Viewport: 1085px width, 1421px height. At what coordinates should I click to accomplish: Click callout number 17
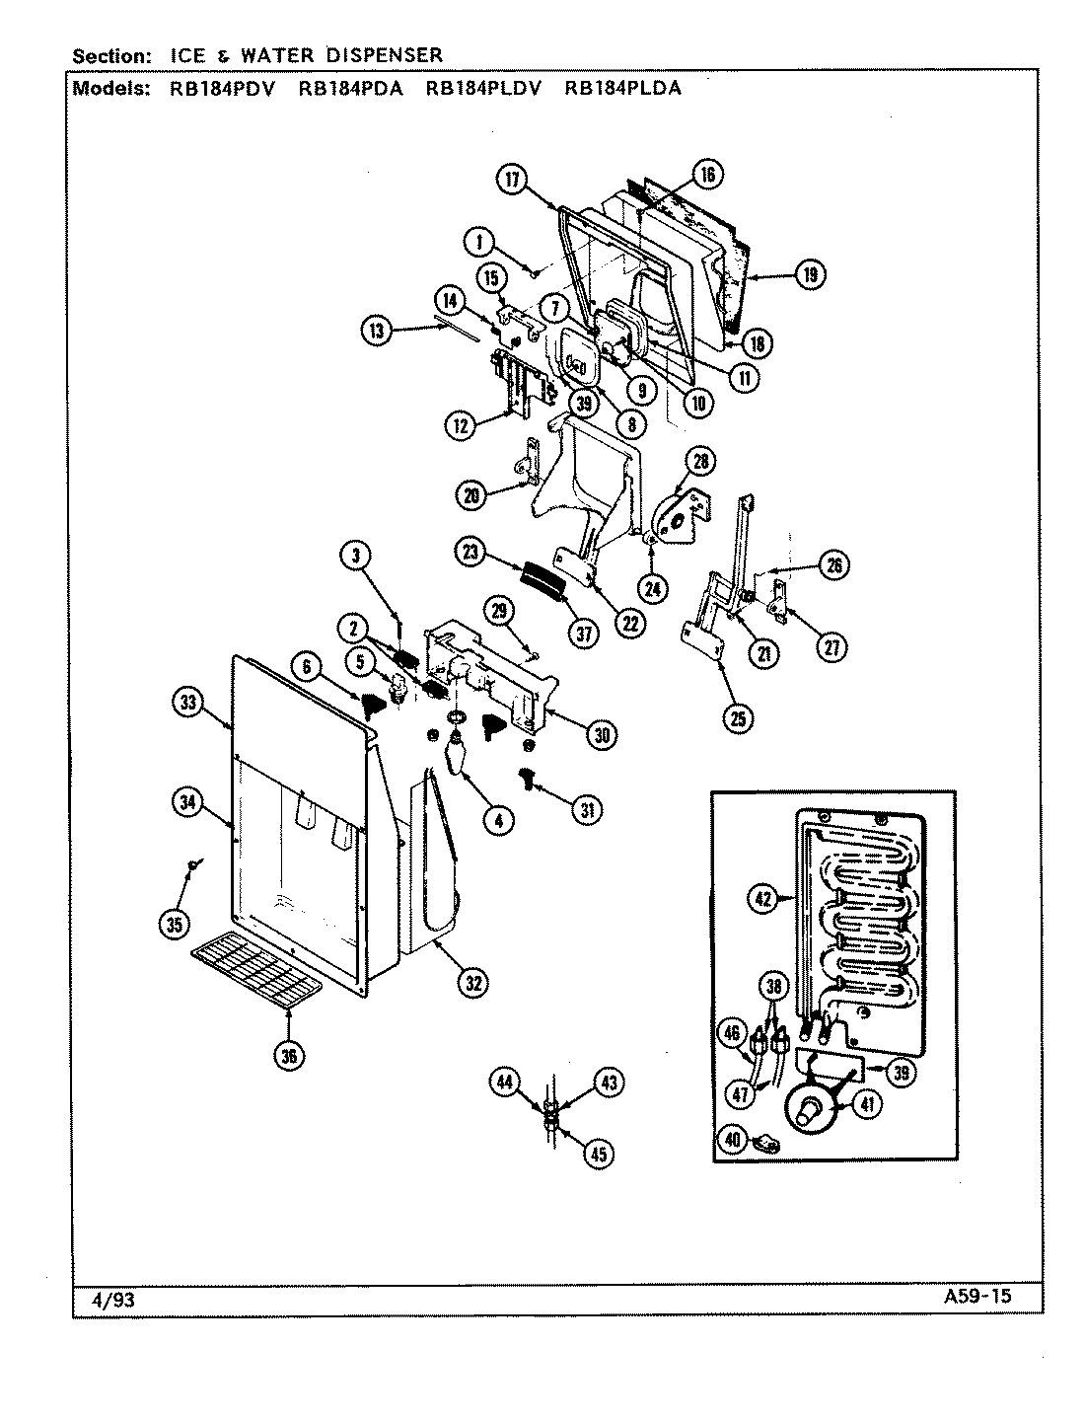512,179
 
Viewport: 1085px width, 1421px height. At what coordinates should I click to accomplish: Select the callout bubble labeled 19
809,274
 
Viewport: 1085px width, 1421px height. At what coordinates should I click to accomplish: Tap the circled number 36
289,1055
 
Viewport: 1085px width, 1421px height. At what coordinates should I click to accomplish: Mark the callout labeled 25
737,717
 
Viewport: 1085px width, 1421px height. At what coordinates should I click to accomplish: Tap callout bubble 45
597,1154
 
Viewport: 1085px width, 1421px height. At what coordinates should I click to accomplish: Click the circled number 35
175,925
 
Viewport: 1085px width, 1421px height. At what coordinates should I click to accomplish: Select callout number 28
701,461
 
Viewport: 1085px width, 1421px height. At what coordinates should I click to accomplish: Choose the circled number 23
471,552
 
